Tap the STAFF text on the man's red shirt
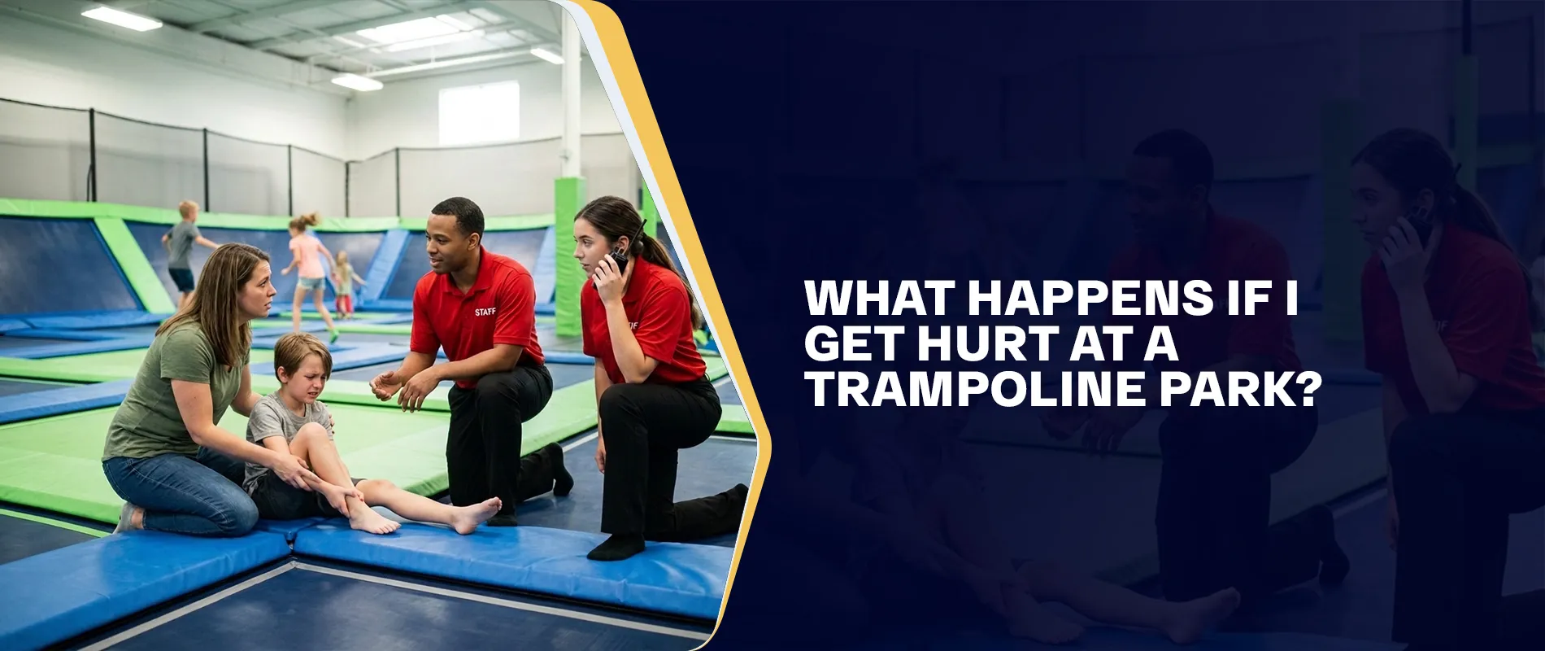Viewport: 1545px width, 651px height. click(485, 312)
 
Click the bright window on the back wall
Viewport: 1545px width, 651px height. click(478, 114)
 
